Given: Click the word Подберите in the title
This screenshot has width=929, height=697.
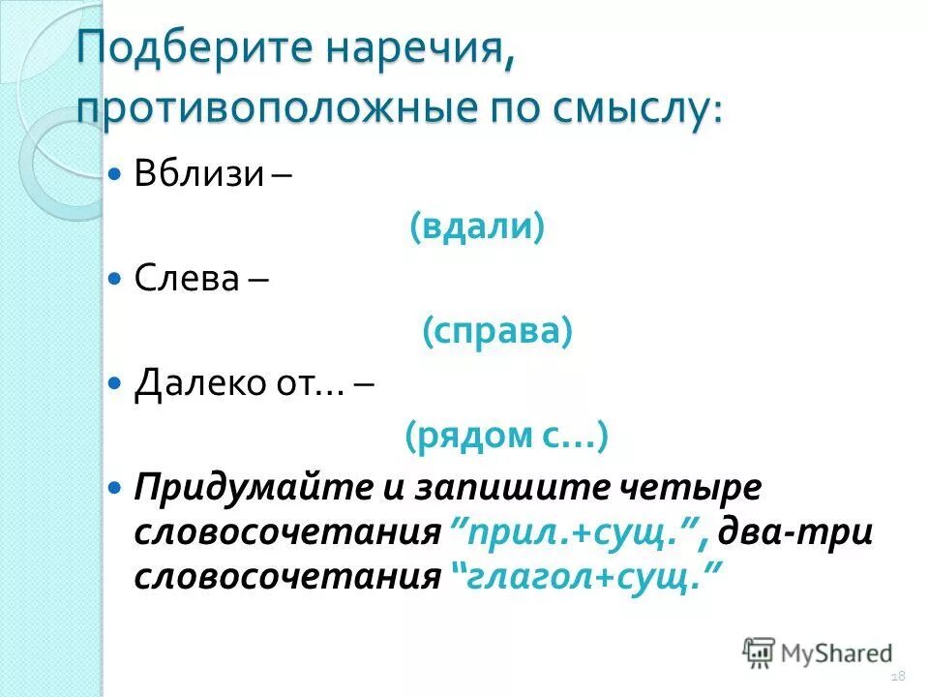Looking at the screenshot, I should [183, 48].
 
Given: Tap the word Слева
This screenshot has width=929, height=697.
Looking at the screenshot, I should [188, 279].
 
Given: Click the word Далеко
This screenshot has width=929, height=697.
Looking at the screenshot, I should [194, 383].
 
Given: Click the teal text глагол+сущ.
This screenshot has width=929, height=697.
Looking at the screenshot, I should [584, 577].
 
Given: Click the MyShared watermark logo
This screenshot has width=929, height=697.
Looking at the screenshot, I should [818, 652].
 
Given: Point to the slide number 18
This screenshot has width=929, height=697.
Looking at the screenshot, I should [897, 676].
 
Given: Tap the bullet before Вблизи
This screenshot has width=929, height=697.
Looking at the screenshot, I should [115, 175].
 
